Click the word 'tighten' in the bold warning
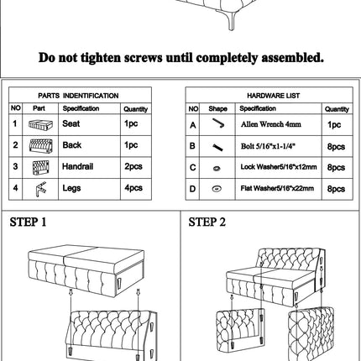[101, 58]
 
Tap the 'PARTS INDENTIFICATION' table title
[78, 96]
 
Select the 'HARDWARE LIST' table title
[273, 96]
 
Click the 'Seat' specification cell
[71, 123]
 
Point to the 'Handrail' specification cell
[77, 166]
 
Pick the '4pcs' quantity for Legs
[133, 188]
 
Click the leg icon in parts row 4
[41, 189]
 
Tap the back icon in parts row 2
[41, 146]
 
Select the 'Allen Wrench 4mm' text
[271, 124]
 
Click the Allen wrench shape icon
[218, 123]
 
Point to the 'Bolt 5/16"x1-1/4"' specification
[268, 146]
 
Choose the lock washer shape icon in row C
[217, 168]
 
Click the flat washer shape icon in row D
[217, 189]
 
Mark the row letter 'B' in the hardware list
[192, 146]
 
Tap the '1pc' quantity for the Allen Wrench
[334, 124]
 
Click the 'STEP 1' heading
[28, 222]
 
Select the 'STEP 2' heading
[207, 222]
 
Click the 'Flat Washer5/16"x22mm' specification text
[277, 188]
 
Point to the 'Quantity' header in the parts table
[136, 109]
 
